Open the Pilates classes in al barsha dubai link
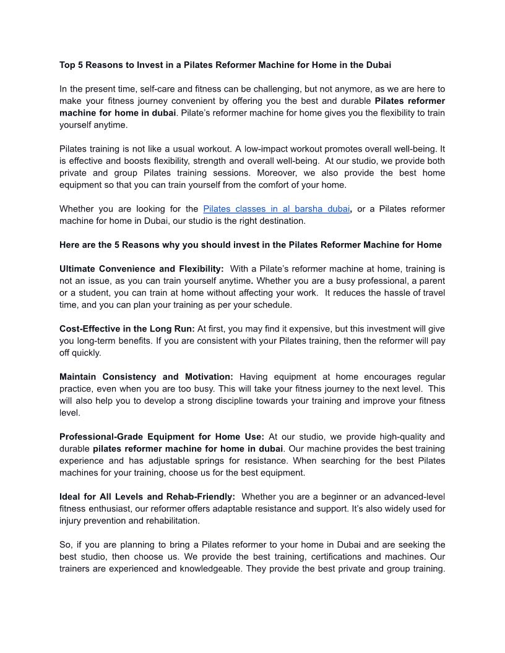pyautogui.click(x=276, y=209)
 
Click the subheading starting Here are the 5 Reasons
pyautogui.click(x=250, y=245)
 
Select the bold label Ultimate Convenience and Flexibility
pyautogui.click(x=141, y=269)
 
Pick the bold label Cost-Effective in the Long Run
pyautogui.click(x=127, y=329)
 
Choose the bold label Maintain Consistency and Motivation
pyautogui.click(x=146, y=377)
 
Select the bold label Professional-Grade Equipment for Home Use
pyautogui.click(x=162, y=437)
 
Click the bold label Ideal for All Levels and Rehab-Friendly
pyautogui.click(x=147, y=497)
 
